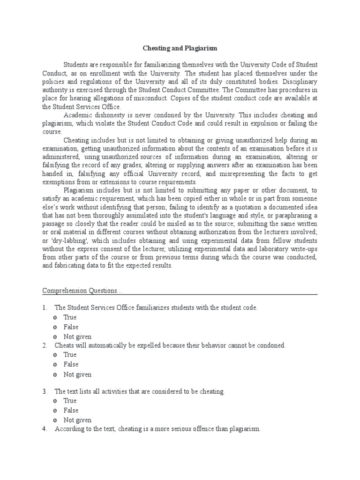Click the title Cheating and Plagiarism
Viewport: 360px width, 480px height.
pos(180,48)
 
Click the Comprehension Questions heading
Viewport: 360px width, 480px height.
pos(82,291)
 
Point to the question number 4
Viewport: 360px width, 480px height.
pos(45,429)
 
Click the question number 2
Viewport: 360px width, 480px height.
pos(45,345)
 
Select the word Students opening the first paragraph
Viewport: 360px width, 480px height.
pos(76,64)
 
